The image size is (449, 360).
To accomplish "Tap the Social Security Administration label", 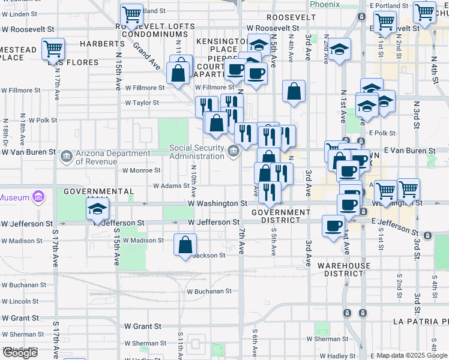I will tap(197, 152).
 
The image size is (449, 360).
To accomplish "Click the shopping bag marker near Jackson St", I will tap(185, 245).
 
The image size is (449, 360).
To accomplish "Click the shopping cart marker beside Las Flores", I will tap(53, 49).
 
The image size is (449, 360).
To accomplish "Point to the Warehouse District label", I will tap(344, 269).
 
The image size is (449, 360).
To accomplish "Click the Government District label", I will tap(281, 216).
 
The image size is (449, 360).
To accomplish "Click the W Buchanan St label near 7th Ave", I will tap(209, 291).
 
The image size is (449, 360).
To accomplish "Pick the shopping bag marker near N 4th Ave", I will tap(294, 92).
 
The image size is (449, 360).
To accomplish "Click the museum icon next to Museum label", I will tap(39, 197).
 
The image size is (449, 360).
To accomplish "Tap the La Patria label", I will tap(420, 321).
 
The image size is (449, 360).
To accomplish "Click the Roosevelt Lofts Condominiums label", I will tap(155, 31).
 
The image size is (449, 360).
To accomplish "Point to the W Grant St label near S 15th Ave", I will tap(143, 326).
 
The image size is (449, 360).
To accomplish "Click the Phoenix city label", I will tap(325, 4).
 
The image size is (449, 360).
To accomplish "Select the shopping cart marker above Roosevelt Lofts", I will tap(131, 14).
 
